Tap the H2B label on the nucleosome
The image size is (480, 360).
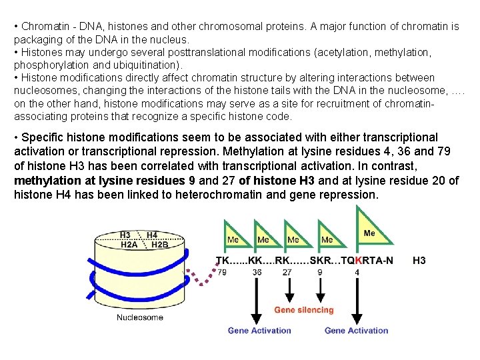pos(160,244)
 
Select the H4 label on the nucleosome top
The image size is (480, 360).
pos(152,235)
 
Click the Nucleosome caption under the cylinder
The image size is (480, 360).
pos(140,317)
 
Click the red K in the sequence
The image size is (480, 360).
pos(359,260)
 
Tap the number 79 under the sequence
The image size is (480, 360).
pos(222,272)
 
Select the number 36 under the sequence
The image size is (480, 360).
pos(257,272)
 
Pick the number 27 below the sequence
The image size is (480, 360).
pos(287,272)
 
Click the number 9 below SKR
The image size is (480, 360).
pos(320,272)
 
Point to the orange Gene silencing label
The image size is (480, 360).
pos(304,310)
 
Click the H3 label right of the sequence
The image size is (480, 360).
pos(419,260)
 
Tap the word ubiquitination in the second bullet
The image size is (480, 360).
pos(147,65)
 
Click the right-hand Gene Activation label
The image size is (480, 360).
pos(356,330)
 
